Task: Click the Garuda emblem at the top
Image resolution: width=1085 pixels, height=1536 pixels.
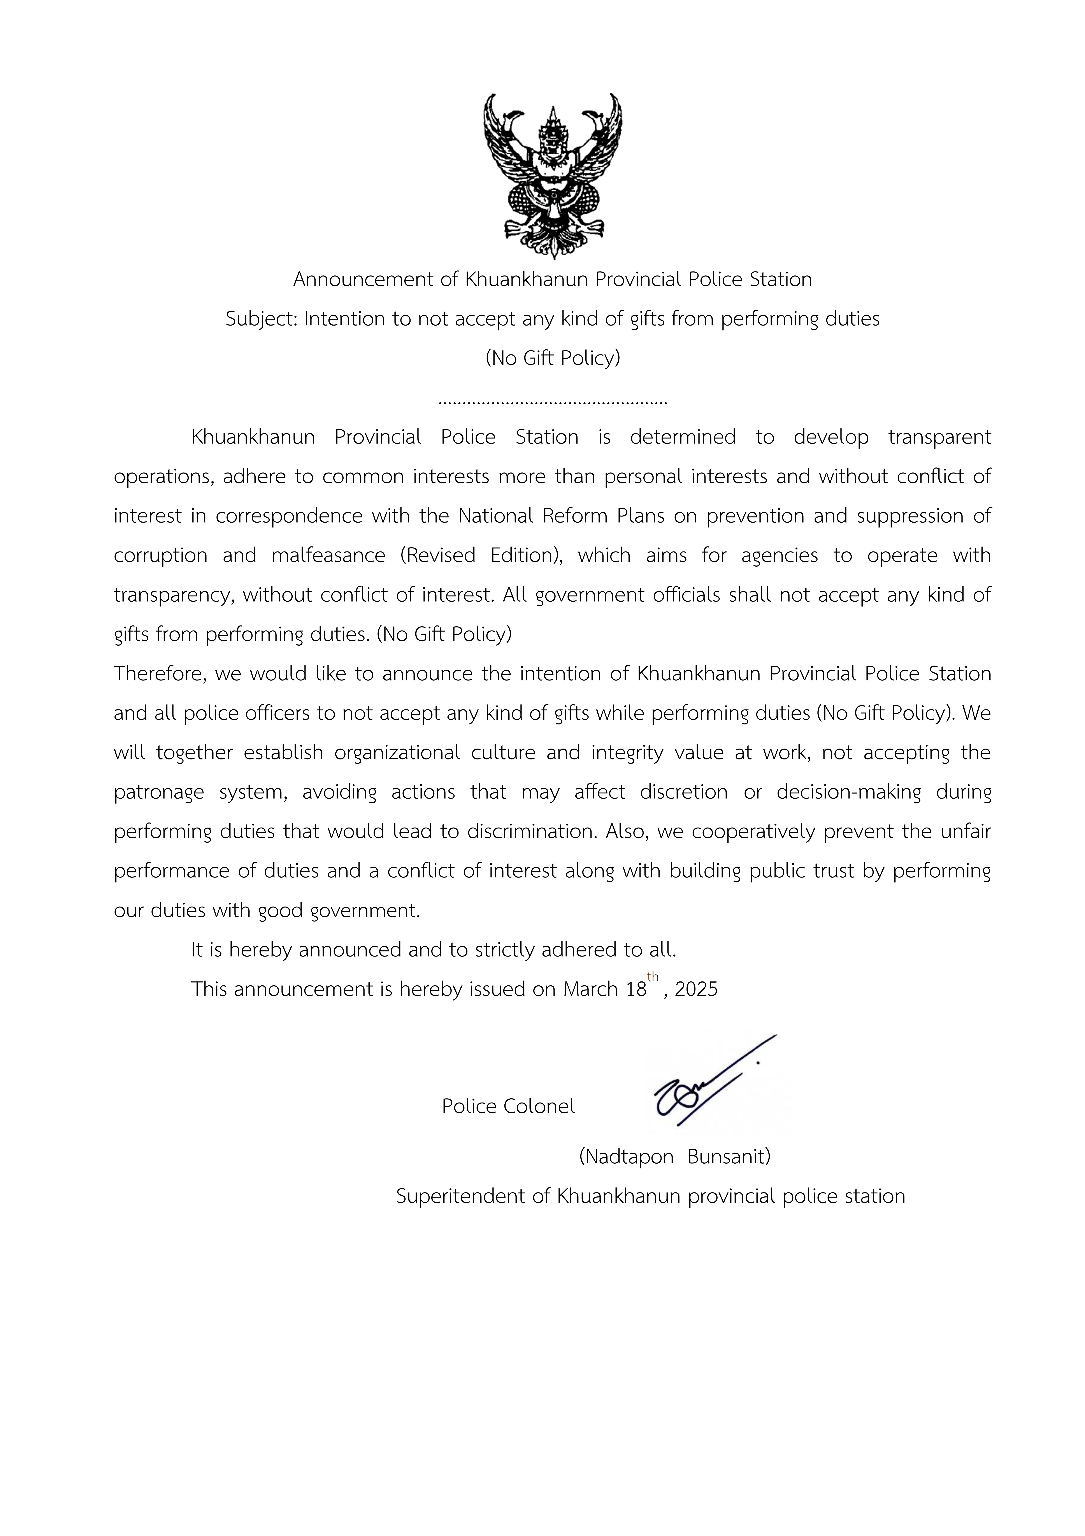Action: [552, 176]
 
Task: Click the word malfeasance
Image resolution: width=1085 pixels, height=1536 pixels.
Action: [328, 555]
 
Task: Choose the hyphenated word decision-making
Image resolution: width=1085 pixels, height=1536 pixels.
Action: [848, 792]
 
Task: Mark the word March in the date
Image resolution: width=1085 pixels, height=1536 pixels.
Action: [590, 989]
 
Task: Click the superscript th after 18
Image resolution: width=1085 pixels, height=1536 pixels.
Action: [653, 977]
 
